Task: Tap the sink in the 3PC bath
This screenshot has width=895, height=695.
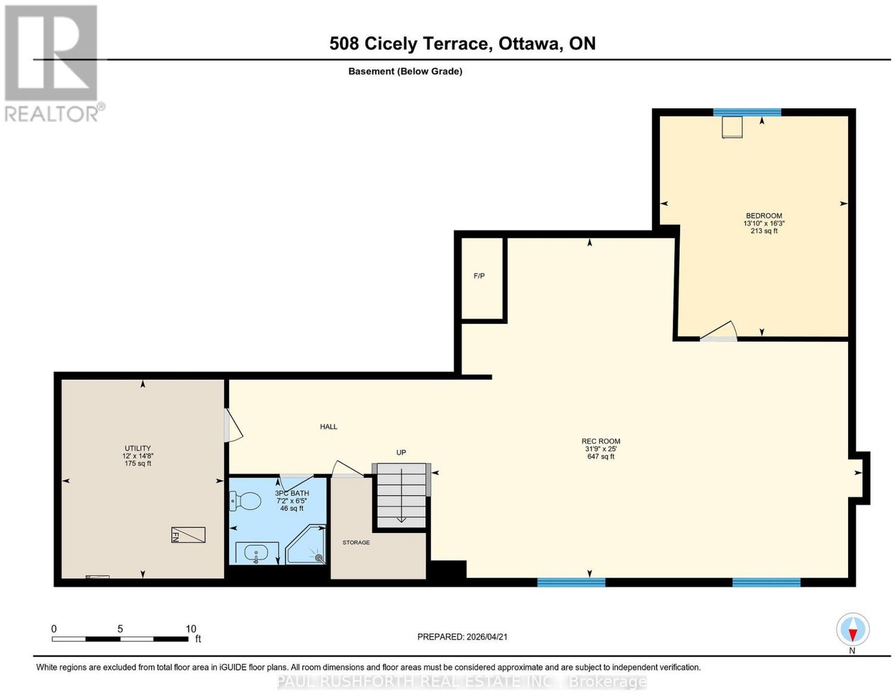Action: (257, 552)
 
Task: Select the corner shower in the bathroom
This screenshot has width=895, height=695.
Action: (306, 544)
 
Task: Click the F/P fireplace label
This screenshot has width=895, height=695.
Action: (479, 276)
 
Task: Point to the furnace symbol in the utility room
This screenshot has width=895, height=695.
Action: (188, 535)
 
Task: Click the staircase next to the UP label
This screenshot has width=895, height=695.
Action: (401, 495)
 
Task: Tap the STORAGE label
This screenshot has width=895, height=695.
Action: (356, 542)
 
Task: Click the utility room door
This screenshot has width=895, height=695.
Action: (233, 425)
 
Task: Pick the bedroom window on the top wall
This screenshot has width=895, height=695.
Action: (747, 112)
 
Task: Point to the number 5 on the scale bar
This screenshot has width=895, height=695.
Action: (120, 628)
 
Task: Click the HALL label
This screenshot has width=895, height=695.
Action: (328, 427)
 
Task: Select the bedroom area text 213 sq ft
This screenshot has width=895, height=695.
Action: (764, 231)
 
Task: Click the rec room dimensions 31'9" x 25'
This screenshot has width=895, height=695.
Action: (601, 449)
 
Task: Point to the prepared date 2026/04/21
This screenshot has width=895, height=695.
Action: (487, 636)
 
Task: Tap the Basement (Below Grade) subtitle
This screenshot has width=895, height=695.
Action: (406, 71)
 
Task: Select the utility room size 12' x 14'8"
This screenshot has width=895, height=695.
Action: (138, 456)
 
